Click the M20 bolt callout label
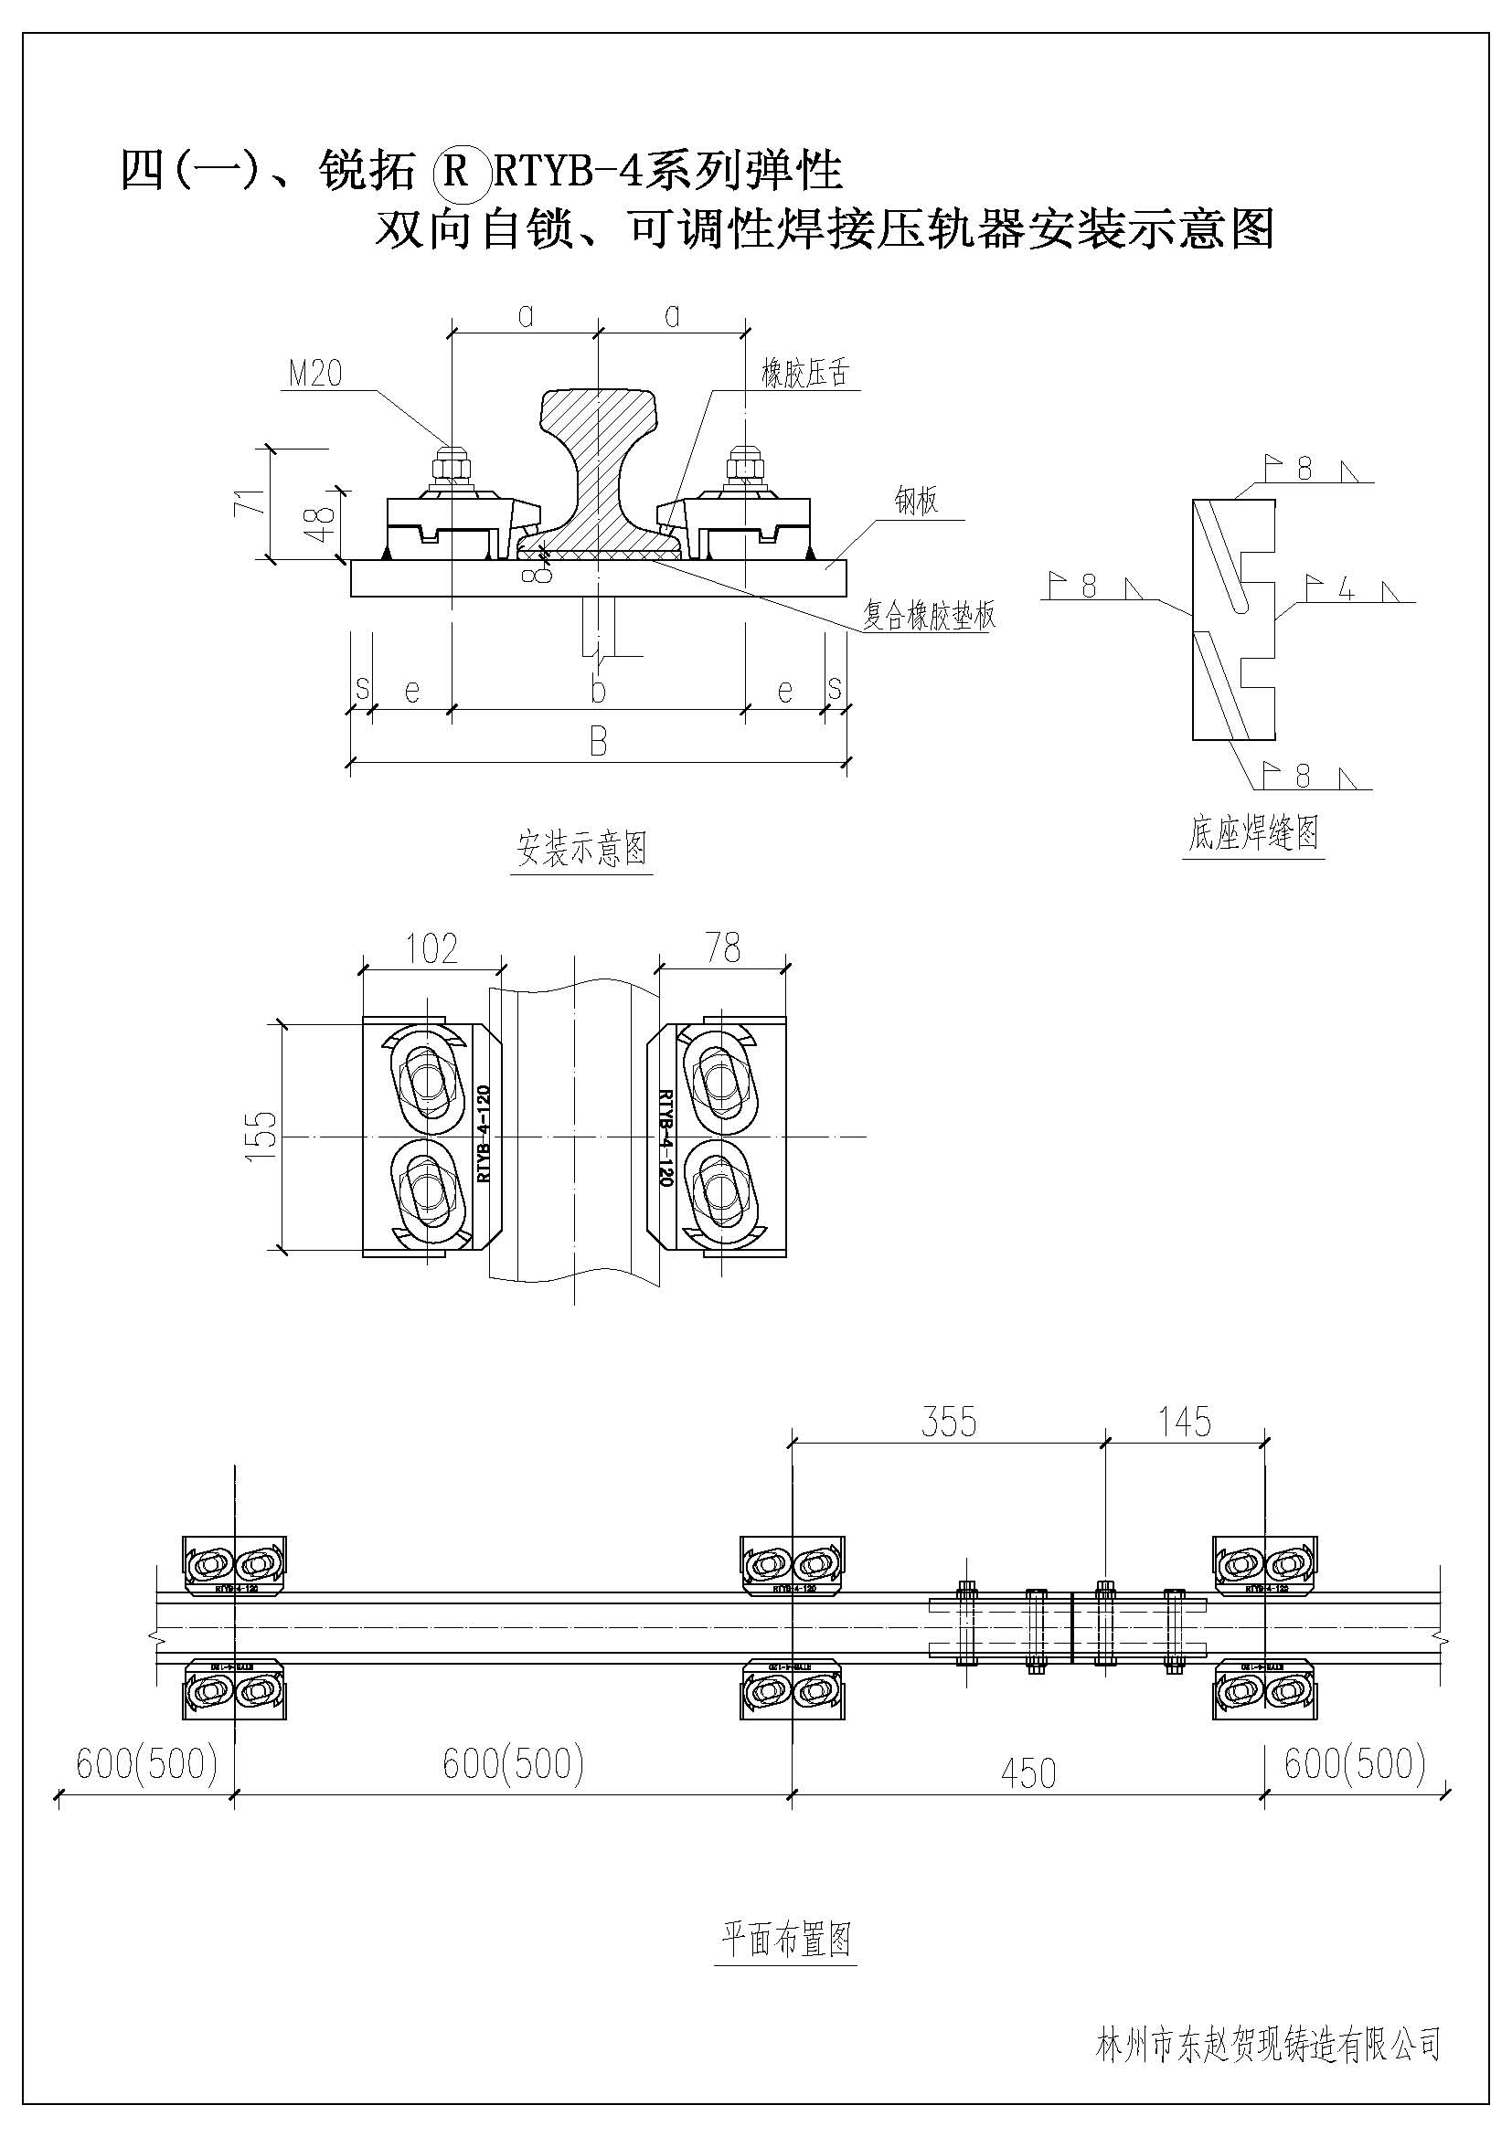[315, 374]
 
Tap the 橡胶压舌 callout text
[805, 374]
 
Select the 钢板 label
[916, 502]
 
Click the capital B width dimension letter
[598, 742]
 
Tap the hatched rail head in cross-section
[599, 409]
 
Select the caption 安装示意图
[582, 848]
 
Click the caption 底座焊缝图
[1253, 831]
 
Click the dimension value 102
[432, 948]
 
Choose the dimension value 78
[722, 948]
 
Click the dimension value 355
[949, 1423]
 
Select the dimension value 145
[1184, 1423]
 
